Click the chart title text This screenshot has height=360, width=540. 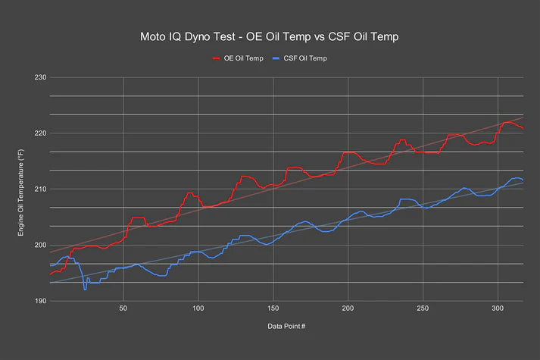coord(270,36)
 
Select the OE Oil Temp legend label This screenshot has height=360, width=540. coord(243,58)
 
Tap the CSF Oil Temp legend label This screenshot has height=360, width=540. coord(305,58)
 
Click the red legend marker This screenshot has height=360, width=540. coord(217,58)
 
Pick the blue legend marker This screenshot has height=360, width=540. coord(276,58)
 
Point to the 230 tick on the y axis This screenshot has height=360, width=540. coord(40,77)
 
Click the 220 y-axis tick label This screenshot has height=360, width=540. coord(40,133)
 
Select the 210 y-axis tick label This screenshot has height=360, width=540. coord(40,189)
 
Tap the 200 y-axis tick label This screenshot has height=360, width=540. coord(40,245)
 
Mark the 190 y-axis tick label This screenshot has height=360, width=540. coord(40,301)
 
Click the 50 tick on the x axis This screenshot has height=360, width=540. coord(123,308)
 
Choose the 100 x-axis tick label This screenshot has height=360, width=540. coord(198,308)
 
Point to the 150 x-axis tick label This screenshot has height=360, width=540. coord(273,308)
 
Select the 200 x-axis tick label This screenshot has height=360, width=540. coord(348,308)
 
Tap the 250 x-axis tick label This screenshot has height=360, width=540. coord(423,308)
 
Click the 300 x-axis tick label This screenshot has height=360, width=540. coord(498,308)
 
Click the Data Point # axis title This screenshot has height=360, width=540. coord(286,326)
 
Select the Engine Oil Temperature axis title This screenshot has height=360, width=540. coord(21,193)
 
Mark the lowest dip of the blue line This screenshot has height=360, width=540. coord(85,290)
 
